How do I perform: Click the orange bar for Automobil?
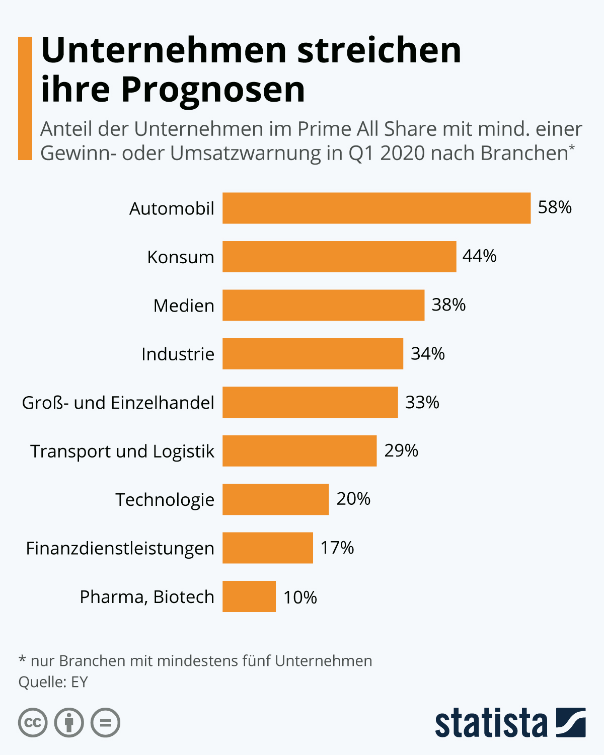coord(376,208)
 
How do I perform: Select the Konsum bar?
coord(339,257)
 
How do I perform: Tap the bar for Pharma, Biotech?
coord(249,596)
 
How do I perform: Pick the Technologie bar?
coord(276,499)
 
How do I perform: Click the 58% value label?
coord(555,207)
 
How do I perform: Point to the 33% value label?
coord(422,402)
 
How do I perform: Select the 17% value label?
coord(337,548)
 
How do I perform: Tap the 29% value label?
coord(401,450)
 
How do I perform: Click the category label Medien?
coord(184,306)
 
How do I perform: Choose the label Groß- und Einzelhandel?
coord(118,403)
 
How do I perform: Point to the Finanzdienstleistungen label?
coord(120,548)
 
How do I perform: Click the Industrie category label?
coord(178,354)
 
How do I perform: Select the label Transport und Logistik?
coord(122,451)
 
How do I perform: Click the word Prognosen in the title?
coord(213,90)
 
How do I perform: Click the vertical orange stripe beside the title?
coord(25,98)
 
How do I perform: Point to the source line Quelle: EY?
coord(53,682)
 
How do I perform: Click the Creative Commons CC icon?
coord(33,723)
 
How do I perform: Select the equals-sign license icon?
coord(105,723)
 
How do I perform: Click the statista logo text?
coord(491,723)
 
